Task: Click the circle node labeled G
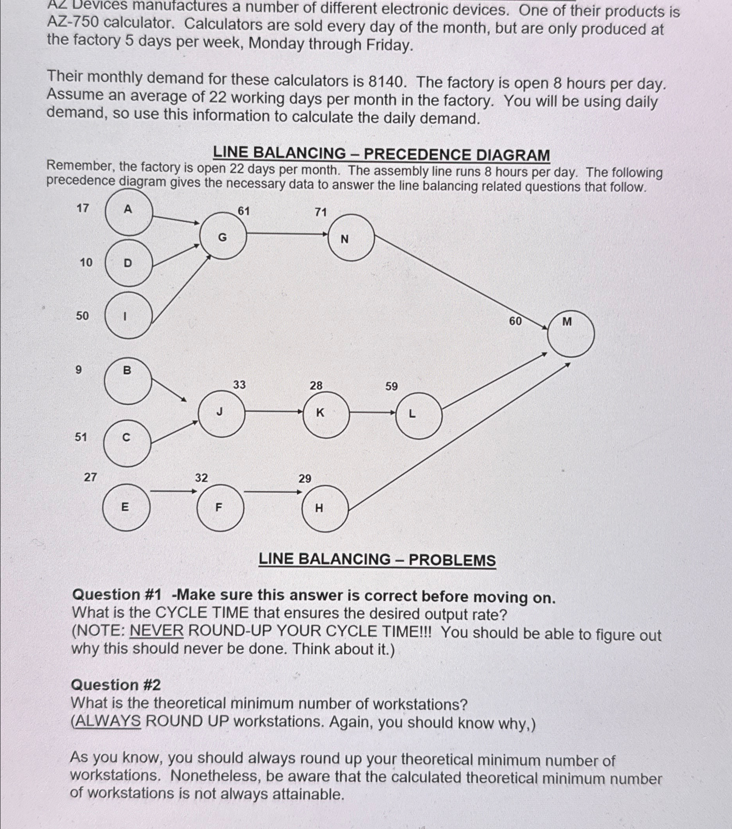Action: click(x=223, y=236)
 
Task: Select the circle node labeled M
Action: click(x=571, y=333)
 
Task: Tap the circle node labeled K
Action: click(x=326, y=415)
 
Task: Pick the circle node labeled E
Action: click(x=126, y=507)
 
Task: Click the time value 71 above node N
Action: click(x=321, y=212)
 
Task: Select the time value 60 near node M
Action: click(x=515, y=321)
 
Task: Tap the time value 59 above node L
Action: click(x=391, y=386)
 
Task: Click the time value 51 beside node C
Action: click(x=81, y=437)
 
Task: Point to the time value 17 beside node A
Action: click(x=83, y=208)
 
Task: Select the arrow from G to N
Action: click(x=287, y=234)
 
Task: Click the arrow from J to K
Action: click(x=274, y=412)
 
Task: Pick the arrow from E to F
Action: click(x=173, y=492)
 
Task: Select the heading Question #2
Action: click(x=116, y=685)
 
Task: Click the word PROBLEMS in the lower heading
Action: click(x=452, y=560)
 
